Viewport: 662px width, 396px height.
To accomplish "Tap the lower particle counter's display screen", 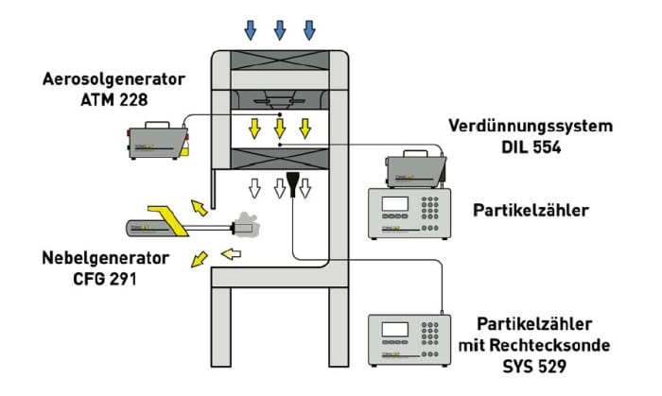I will pos(393,331).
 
